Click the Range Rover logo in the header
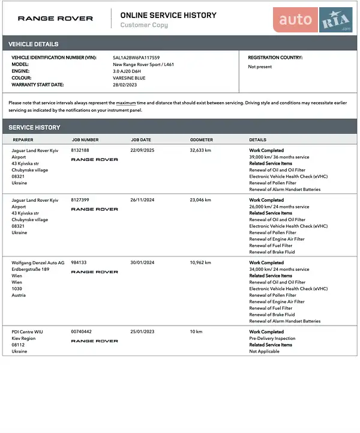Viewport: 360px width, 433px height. click(x=55, y=19)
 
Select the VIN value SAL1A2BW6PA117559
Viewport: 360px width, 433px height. click(x=136, y=58)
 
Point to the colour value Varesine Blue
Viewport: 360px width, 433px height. click(x=129, y=78)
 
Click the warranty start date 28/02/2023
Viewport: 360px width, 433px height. click(x=125, y=85)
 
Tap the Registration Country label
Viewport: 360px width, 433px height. click(x=275, y=58)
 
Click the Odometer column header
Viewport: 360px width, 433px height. click(x=202, y=140)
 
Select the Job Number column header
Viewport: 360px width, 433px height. click(x=85, y=140)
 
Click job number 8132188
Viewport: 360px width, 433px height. click(x=80, y=150)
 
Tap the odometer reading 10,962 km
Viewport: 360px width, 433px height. click(x=201, y=262)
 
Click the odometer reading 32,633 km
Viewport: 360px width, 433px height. click(x=200, y=150)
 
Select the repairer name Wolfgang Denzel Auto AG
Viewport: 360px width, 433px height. click(x=38, y=262)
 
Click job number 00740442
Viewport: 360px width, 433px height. click(x=81, y=332)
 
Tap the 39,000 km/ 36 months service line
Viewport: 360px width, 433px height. click(x=279, y=157)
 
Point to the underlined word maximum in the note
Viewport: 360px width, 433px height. click(x=126, y=103)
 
